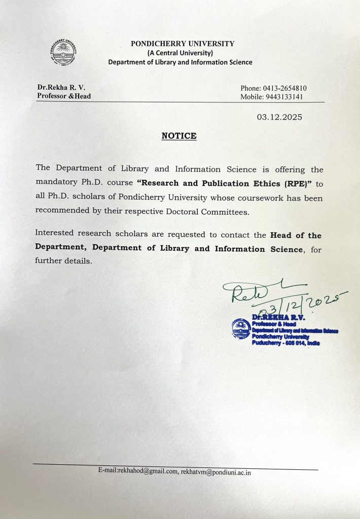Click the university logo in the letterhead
click(x=63, y=52)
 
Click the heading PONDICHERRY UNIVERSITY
click(x=183, y=44)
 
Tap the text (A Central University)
click(x=180, y=53)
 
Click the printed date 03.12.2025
click(x=279, y=118)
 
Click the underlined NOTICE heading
click(x=178, y=136)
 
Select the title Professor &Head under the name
click(x=64, y=96)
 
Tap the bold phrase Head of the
click(x=296, y=235)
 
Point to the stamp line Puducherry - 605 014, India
click(x=285, y=343)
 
